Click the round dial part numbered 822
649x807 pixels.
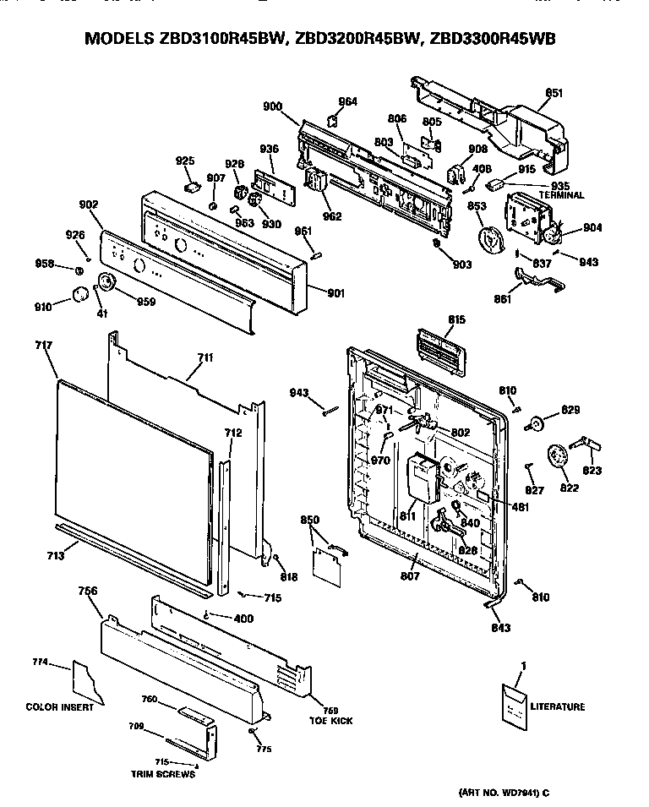tap(558, 458)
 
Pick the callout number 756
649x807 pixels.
tap(87, 591)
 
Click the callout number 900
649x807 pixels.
tap(272, 106)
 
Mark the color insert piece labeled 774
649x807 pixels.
tap(88, 681)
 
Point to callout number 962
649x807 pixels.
tap(332, 216)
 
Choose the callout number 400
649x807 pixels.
tap(243, 619)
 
